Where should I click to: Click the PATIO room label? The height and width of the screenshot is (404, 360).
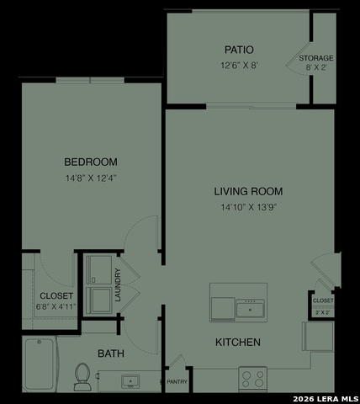point(239,50)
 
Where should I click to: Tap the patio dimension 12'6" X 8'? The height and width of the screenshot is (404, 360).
point(239,64)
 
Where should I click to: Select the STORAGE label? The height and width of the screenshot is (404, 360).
point(316,58)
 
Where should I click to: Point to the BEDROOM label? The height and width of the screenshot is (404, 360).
point(91,162)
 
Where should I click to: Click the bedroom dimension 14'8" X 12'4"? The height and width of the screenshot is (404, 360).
point(91,178)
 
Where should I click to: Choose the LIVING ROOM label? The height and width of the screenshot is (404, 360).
point(248,191)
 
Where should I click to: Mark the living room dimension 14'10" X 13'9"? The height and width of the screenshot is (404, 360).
point(248,207)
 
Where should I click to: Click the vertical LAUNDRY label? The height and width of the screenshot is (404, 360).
point(119,284)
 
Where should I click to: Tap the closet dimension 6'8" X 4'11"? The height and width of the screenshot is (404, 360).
point(56,307)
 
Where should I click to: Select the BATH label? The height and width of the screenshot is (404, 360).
point(111,353)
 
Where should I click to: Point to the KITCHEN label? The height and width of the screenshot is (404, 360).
point(238,343)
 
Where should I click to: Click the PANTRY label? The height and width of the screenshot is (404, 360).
point(177,381)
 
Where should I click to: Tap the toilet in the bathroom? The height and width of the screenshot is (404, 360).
point(82,375)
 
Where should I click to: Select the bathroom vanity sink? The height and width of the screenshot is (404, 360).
point(130,382)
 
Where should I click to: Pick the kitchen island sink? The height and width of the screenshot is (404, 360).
point(249,310)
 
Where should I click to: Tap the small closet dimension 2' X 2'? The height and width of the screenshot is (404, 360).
point(323,311)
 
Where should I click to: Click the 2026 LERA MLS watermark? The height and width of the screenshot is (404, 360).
point(326,397)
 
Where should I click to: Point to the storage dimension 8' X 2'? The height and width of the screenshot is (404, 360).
point(316,70)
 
